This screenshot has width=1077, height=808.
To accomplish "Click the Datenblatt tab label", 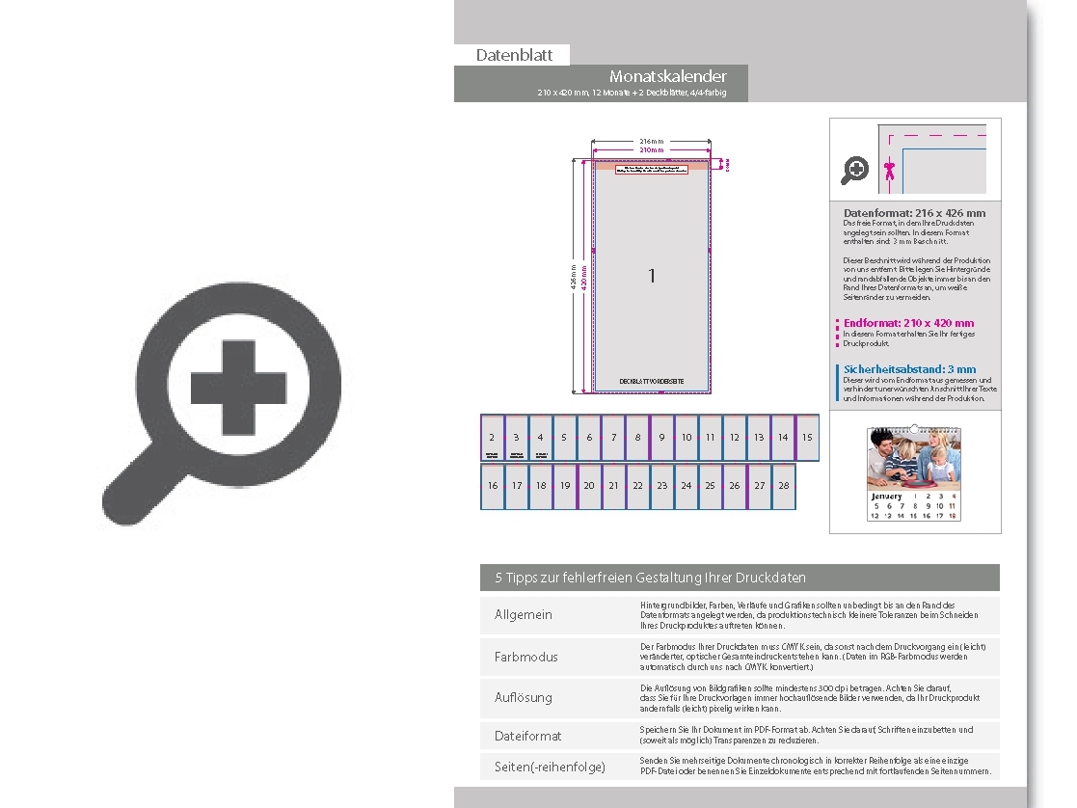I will [514, 55].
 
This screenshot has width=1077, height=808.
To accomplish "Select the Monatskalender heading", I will [667, 76].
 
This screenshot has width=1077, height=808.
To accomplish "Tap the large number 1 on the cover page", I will [652, 277].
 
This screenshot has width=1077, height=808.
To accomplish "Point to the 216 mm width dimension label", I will [652, 141].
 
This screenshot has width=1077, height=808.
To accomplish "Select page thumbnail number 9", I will [661, 438].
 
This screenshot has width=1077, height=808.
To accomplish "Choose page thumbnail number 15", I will [807, 438].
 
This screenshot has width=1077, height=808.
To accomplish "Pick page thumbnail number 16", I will [493, 486].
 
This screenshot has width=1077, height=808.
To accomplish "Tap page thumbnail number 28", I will [783, 486].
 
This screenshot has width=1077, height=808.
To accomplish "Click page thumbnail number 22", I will [637, 486].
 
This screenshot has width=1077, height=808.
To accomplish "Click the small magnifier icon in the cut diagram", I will [855, 172].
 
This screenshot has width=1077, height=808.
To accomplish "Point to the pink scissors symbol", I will [890, 171].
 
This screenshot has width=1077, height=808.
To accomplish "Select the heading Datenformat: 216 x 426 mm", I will [914, 213].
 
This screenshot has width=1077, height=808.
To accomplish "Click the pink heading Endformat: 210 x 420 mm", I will [908, 323].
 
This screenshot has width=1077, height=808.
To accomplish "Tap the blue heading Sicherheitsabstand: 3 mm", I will [909, 369].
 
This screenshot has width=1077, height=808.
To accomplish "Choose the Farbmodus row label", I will [525, 657].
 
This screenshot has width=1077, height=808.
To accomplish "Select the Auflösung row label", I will [524, 697].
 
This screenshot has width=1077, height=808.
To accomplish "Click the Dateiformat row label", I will [527, 736].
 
